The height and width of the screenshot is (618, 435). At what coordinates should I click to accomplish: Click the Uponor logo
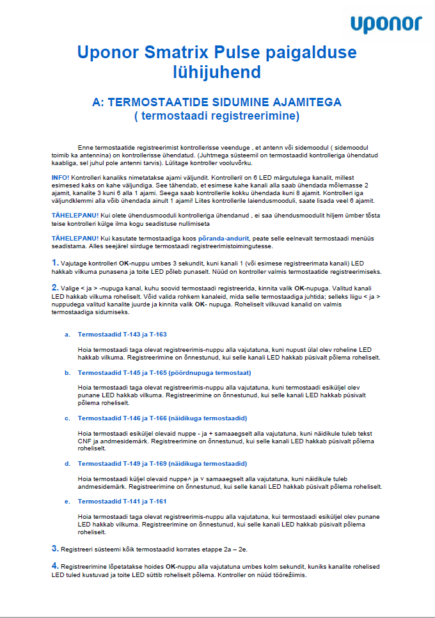pos(386,24)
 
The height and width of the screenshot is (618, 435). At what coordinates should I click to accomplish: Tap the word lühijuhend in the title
pos(217,70)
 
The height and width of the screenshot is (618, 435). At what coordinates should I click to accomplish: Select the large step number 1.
pos(54,263)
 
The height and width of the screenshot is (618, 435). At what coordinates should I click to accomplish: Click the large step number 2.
pos(54,287)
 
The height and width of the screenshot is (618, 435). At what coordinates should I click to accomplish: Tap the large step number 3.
pos(54,548)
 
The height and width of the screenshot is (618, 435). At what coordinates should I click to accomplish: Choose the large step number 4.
pos(54,566)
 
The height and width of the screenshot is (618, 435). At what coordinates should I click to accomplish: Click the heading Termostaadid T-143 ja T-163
pos(122,335)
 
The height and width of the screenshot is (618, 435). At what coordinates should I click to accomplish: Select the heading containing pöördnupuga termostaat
pos(164,372)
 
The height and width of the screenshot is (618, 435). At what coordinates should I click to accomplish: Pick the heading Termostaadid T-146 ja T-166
pos(162,418)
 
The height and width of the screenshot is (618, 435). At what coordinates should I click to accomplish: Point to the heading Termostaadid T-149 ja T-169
pos(162,463)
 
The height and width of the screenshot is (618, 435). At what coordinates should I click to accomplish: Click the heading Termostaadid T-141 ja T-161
pos(122,501)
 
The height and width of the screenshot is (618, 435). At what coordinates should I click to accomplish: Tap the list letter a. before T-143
pos(67,335)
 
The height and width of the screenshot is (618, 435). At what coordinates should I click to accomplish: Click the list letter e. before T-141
pos(67,501)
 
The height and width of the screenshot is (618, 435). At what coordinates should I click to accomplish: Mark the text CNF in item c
pos(84,441)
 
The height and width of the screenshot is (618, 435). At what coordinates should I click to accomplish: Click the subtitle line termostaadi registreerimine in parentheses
pos(217,116)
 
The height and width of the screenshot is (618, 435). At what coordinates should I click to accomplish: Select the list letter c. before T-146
pos(67,418)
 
